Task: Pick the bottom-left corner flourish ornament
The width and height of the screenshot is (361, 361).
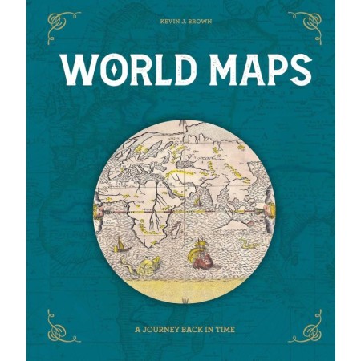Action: [63, 325]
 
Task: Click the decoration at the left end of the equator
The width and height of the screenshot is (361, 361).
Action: [97, 209]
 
